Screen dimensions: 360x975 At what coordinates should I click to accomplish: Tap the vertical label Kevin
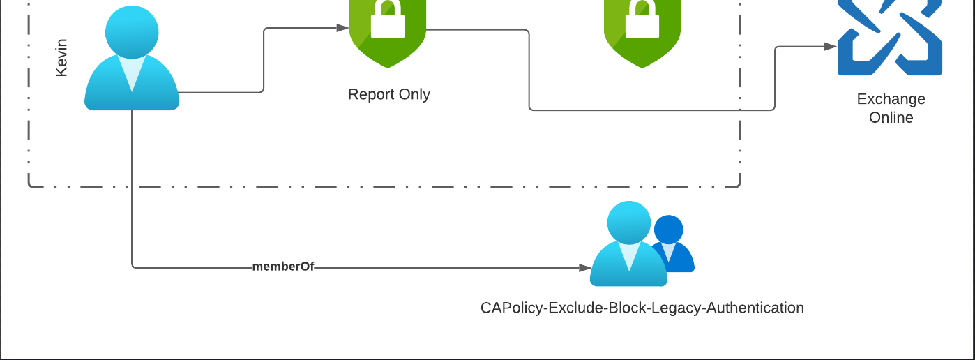(61, 58)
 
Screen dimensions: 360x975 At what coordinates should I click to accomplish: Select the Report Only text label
(389, 94)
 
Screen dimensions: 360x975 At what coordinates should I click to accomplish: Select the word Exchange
(891, 99)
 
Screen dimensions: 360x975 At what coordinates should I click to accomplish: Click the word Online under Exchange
(891, 117)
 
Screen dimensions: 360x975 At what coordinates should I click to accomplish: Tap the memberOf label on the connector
(283, 267)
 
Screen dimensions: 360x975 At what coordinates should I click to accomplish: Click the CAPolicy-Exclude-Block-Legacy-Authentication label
(642, 308)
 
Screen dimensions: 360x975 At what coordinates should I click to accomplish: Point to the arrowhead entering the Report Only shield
(343, 28)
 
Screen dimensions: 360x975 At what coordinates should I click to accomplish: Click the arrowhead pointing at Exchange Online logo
(831, 46)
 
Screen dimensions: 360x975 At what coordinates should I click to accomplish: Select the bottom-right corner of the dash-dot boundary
(739, 186)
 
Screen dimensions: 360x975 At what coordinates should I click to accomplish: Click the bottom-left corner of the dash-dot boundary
(30, 186)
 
